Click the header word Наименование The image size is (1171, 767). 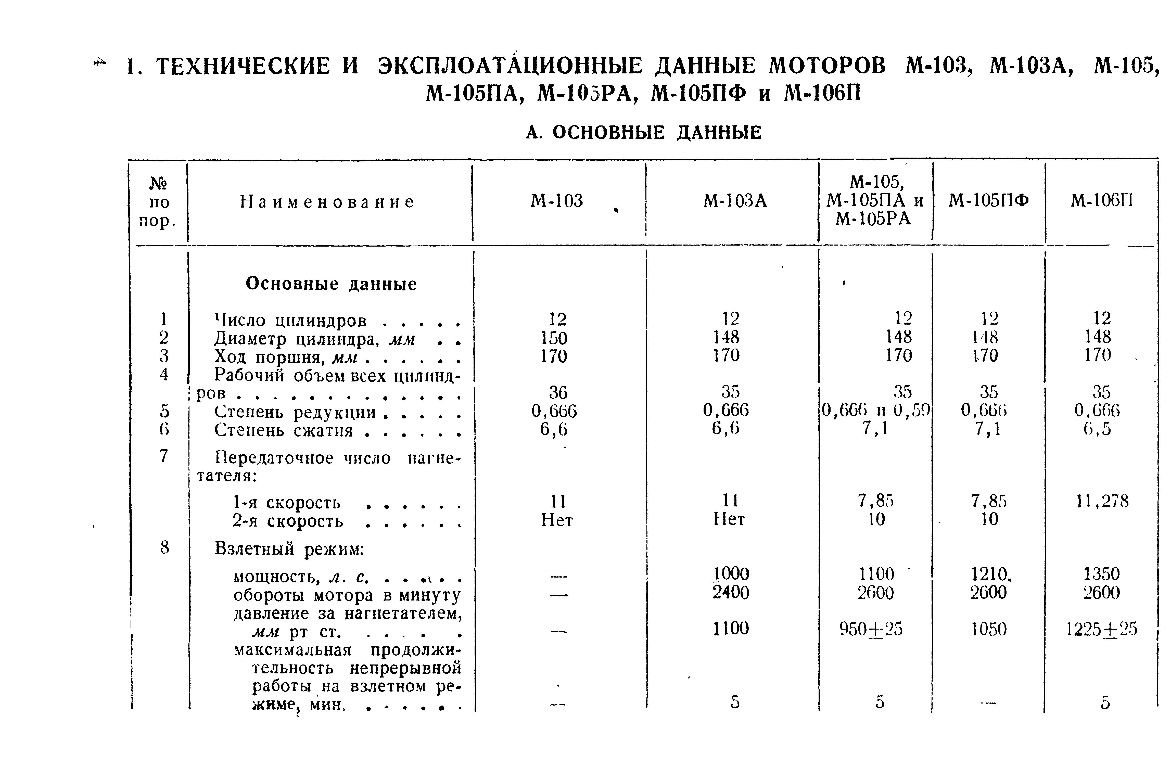coord(327,202)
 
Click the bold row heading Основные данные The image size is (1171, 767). coord(331,284)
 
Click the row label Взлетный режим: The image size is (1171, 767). coord(289,548)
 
